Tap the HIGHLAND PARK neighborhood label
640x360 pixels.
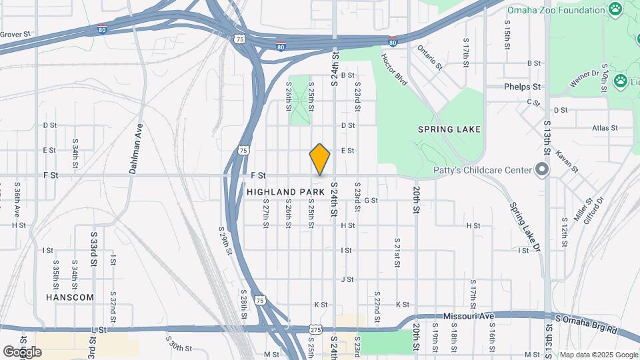(x=285, y=191)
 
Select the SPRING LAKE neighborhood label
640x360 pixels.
(x=449, y=129)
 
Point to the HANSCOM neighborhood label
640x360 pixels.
(x=70, y=297)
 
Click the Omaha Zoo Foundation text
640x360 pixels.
(x=555, y=9)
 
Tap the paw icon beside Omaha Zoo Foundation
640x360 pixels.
(x=615, y=9)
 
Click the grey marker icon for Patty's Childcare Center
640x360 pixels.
(x=542, y=170)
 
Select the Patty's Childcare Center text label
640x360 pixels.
(x=481, y=170)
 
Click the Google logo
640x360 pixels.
(x=22, y=351)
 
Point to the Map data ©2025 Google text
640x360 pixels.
(x=598, y=355)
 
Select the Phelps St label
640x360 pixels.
(x=522, y=87)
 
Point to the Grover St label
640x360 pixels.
(x=15, y=34)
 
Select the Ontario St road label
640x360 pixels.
(x=430, y=57)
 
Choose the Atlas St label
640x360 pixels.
(x=605, y=127)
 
